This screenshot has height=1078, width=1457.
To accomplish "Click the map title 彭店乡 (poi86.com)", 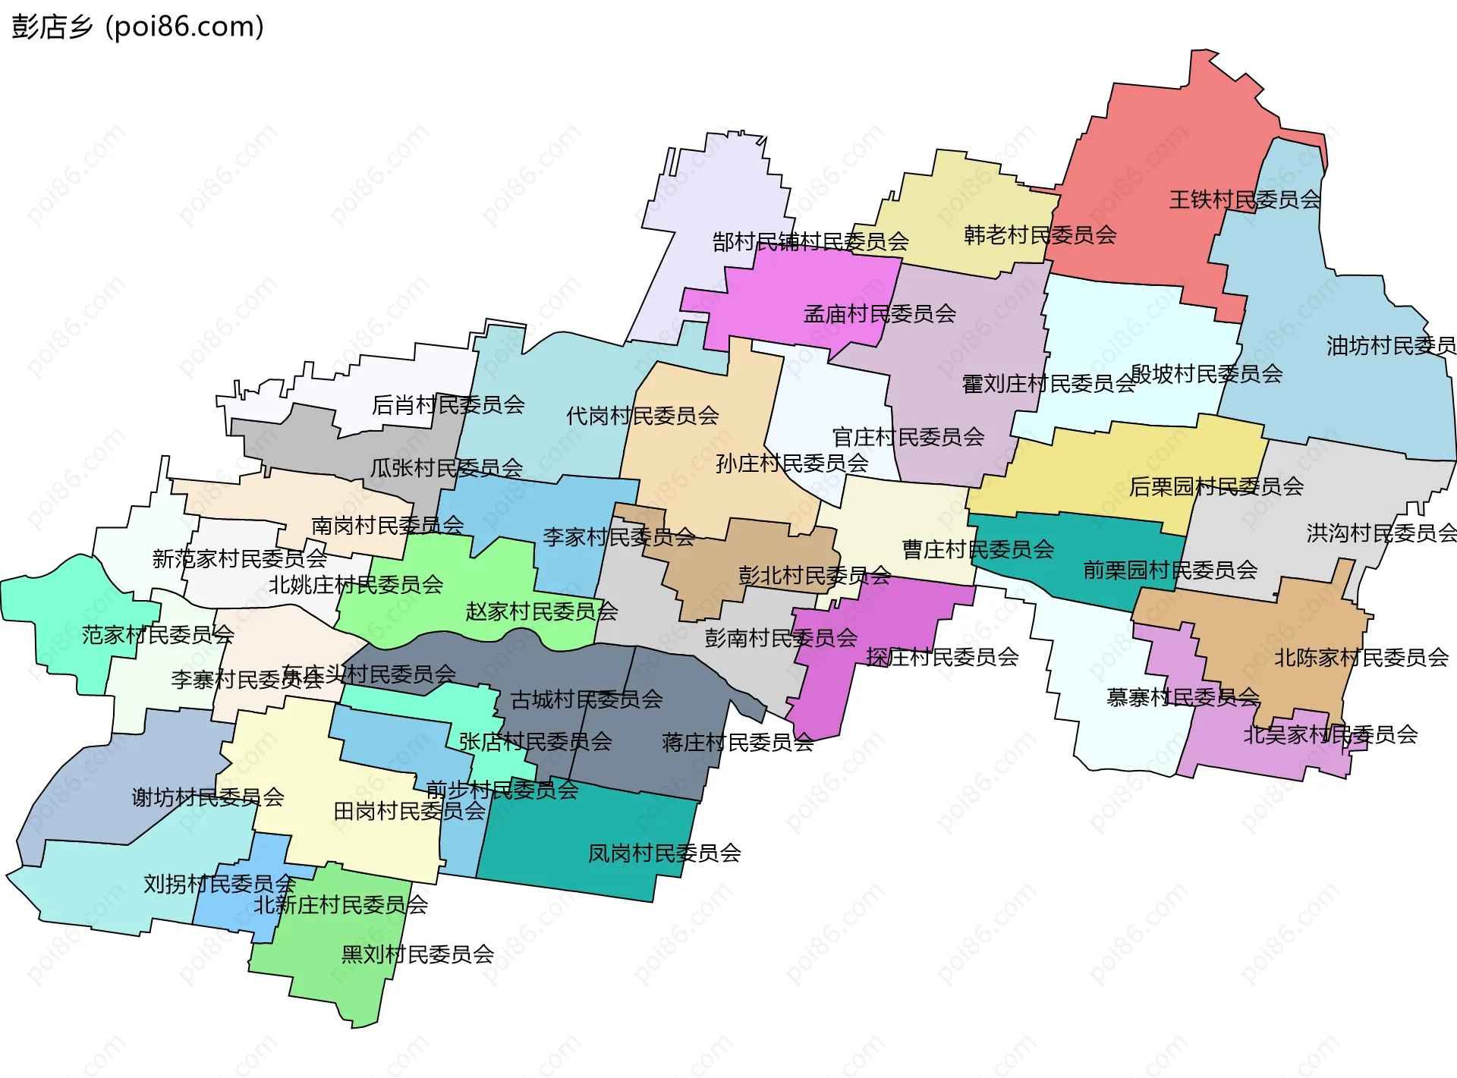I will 137,27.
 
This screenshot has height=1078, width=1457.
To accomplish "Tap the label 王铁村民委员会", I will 1245,200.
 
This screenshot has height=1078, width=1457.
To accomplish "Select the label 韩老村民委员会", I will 1040,235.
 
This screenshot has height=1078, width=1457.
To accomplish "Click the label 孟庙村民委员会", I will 880,313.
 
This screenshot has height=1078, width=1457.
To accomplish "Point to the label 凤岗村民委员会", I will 664,853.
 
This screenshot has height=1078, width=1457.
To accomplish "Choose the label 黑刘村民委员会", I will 417,954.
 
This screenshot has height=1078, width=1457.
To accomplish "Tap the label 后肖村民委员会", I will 448,405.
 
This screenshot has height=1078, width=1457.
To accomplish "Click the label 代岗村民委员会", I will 642,416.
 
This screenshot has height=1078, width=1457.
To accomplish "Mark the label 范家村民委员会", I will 158,634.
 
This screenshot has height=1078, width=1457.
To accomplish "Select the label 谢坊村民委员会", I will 208,797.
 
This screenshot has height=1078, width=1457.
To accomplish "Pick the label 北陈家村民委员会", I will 1361,658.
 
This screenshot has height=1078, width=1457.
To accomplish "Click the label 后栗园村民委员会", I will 1216,486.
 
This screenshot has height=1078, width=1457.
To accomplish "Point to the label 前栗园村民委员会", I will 1169,570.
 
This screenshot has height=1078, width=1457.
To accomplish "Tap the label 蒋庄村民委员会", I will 738,742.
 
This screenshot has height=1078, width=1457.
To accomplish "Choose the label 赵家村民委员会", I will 541,611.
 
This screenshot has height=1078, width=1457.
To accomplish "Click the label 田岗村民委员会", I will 410,812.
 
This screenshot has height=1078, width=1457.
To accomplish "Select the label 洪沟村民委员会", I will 1381,533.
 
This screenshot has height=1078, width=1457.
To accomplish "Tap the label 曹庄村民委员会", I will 977,549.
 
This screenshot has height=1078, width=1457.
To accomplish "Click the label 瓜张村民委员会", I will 446,468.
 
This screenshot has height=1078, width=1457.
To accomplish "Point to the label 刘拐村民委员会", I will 219,884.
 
